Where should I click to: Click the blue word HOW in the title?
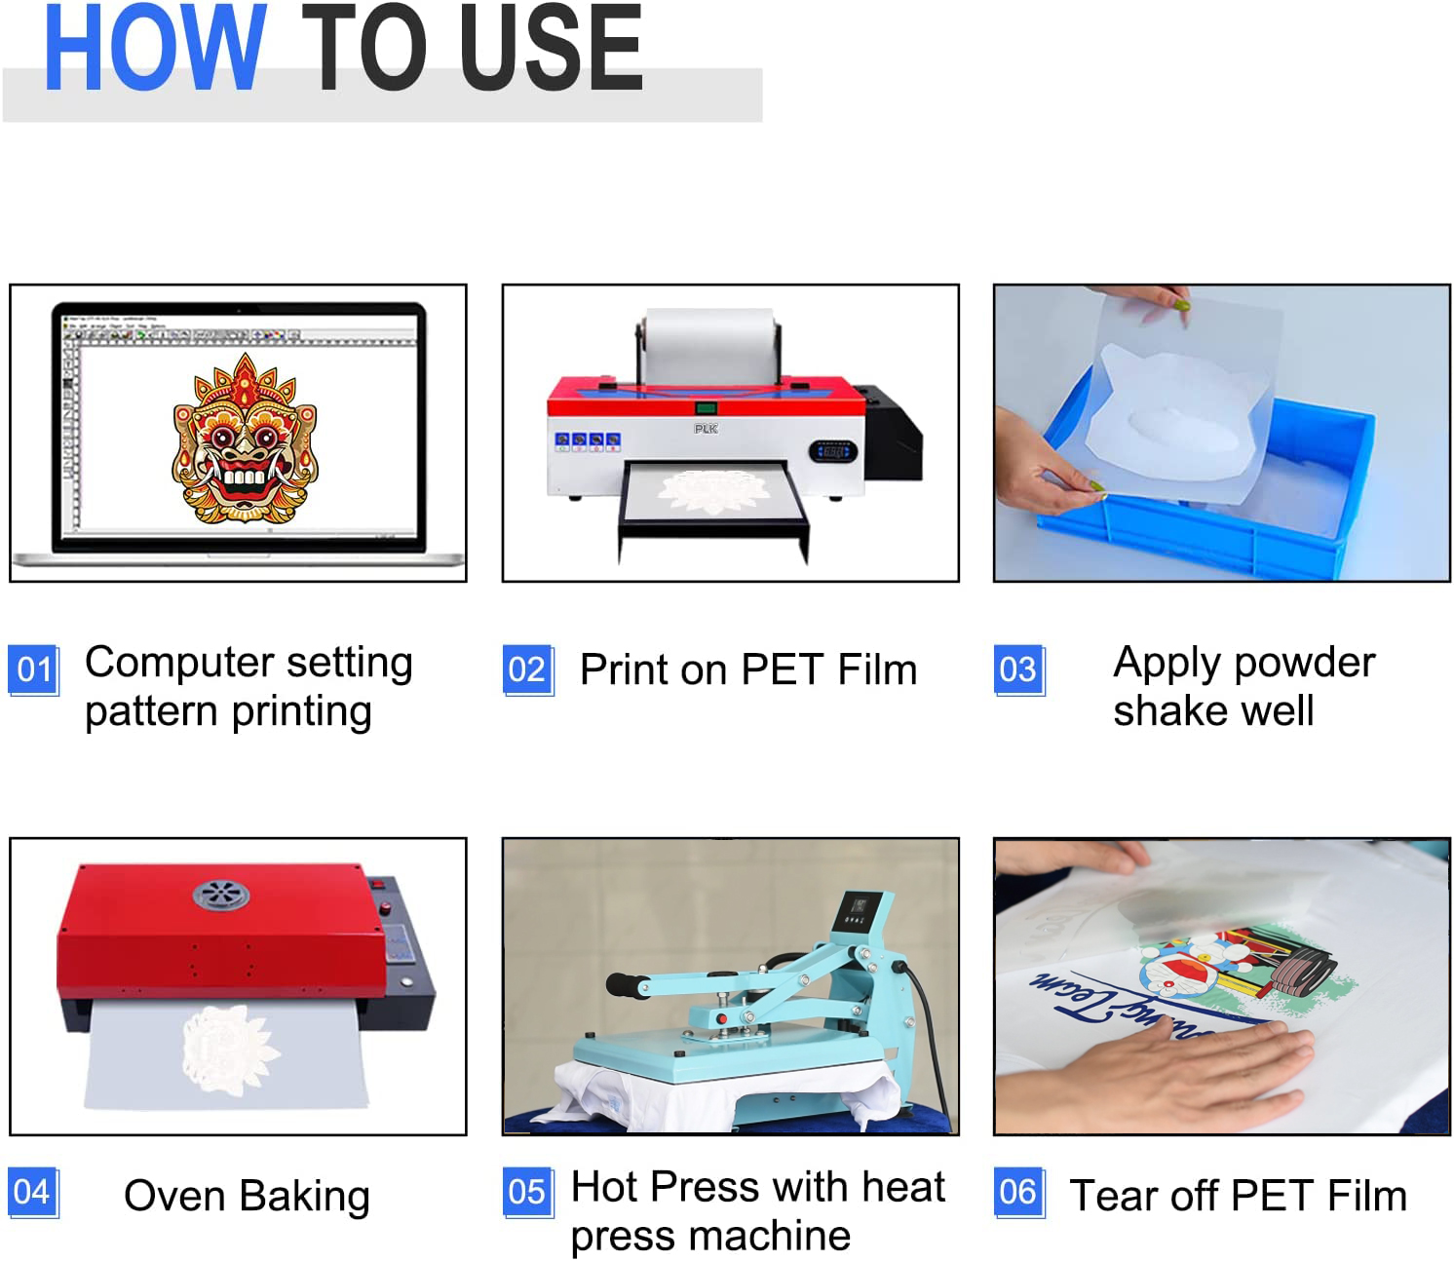tap(154, 49)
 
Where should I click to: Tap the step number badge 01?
tap(34, 669)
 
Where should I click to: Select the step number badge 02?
tap(527, 669)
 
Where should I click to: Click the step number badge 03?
tap(1018, 669)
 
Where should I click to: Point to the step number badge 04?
tap(32, 1192)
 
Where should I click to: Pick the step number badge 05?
tap(527, 1192)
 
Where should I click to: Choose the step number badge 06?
tap(1018, 1192)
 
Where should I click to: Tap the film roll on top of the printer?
tap(708, 346)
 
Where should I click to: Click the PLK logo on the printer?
tap(706, 429)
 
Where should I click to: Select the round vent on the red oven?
tap(220, 894)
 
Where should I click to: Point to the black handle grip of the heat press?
tap(623, 984)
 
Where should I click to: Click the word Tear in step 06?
tap(1113, 1196)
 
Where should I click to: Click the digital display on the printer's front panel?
tap(832, 451)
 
